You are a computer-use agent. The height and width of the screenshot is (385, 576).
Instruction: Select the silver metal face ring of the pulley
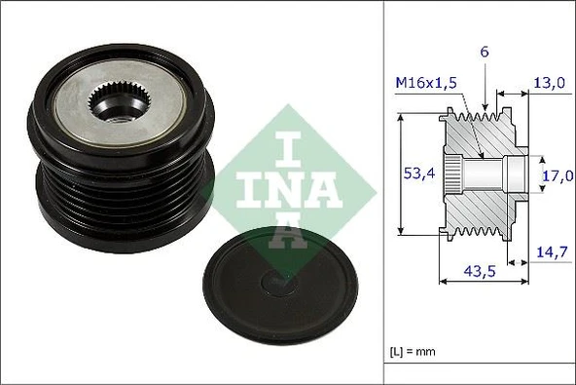[156, 108]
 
